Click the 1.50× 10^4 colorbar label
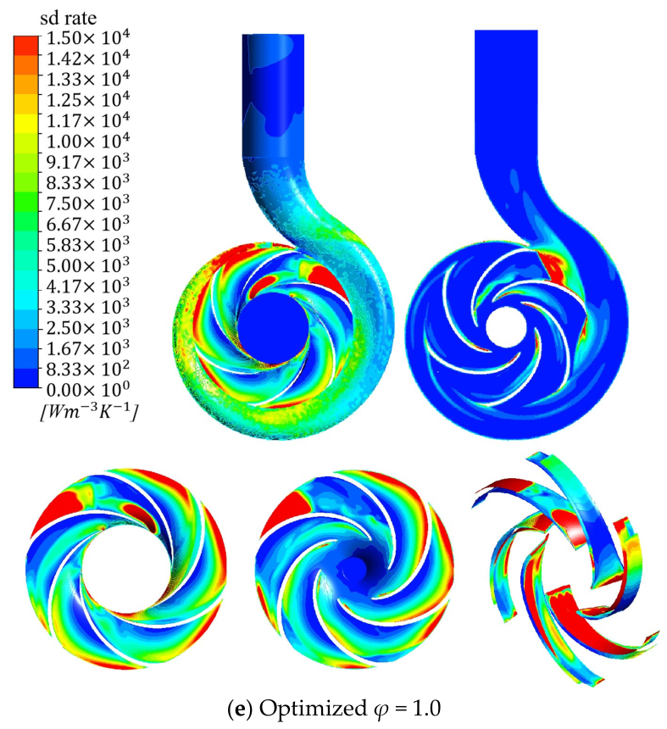click(88, 37)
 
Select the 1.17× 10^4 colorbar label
click(88, 120)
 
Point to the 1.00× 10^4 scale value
click(88, 140)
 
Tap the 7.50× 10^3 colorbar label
click(88, 203)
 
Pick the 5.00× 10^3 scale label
click(88, 264)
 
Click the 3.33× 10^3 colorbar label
click(88, 305)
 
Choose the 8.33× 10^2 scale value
click(88, 368)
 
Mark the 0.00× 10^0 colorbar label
click(88, 387)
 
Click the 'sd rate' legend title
click(69, 18)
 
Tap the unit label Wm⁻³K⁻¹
click(88, 411)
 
